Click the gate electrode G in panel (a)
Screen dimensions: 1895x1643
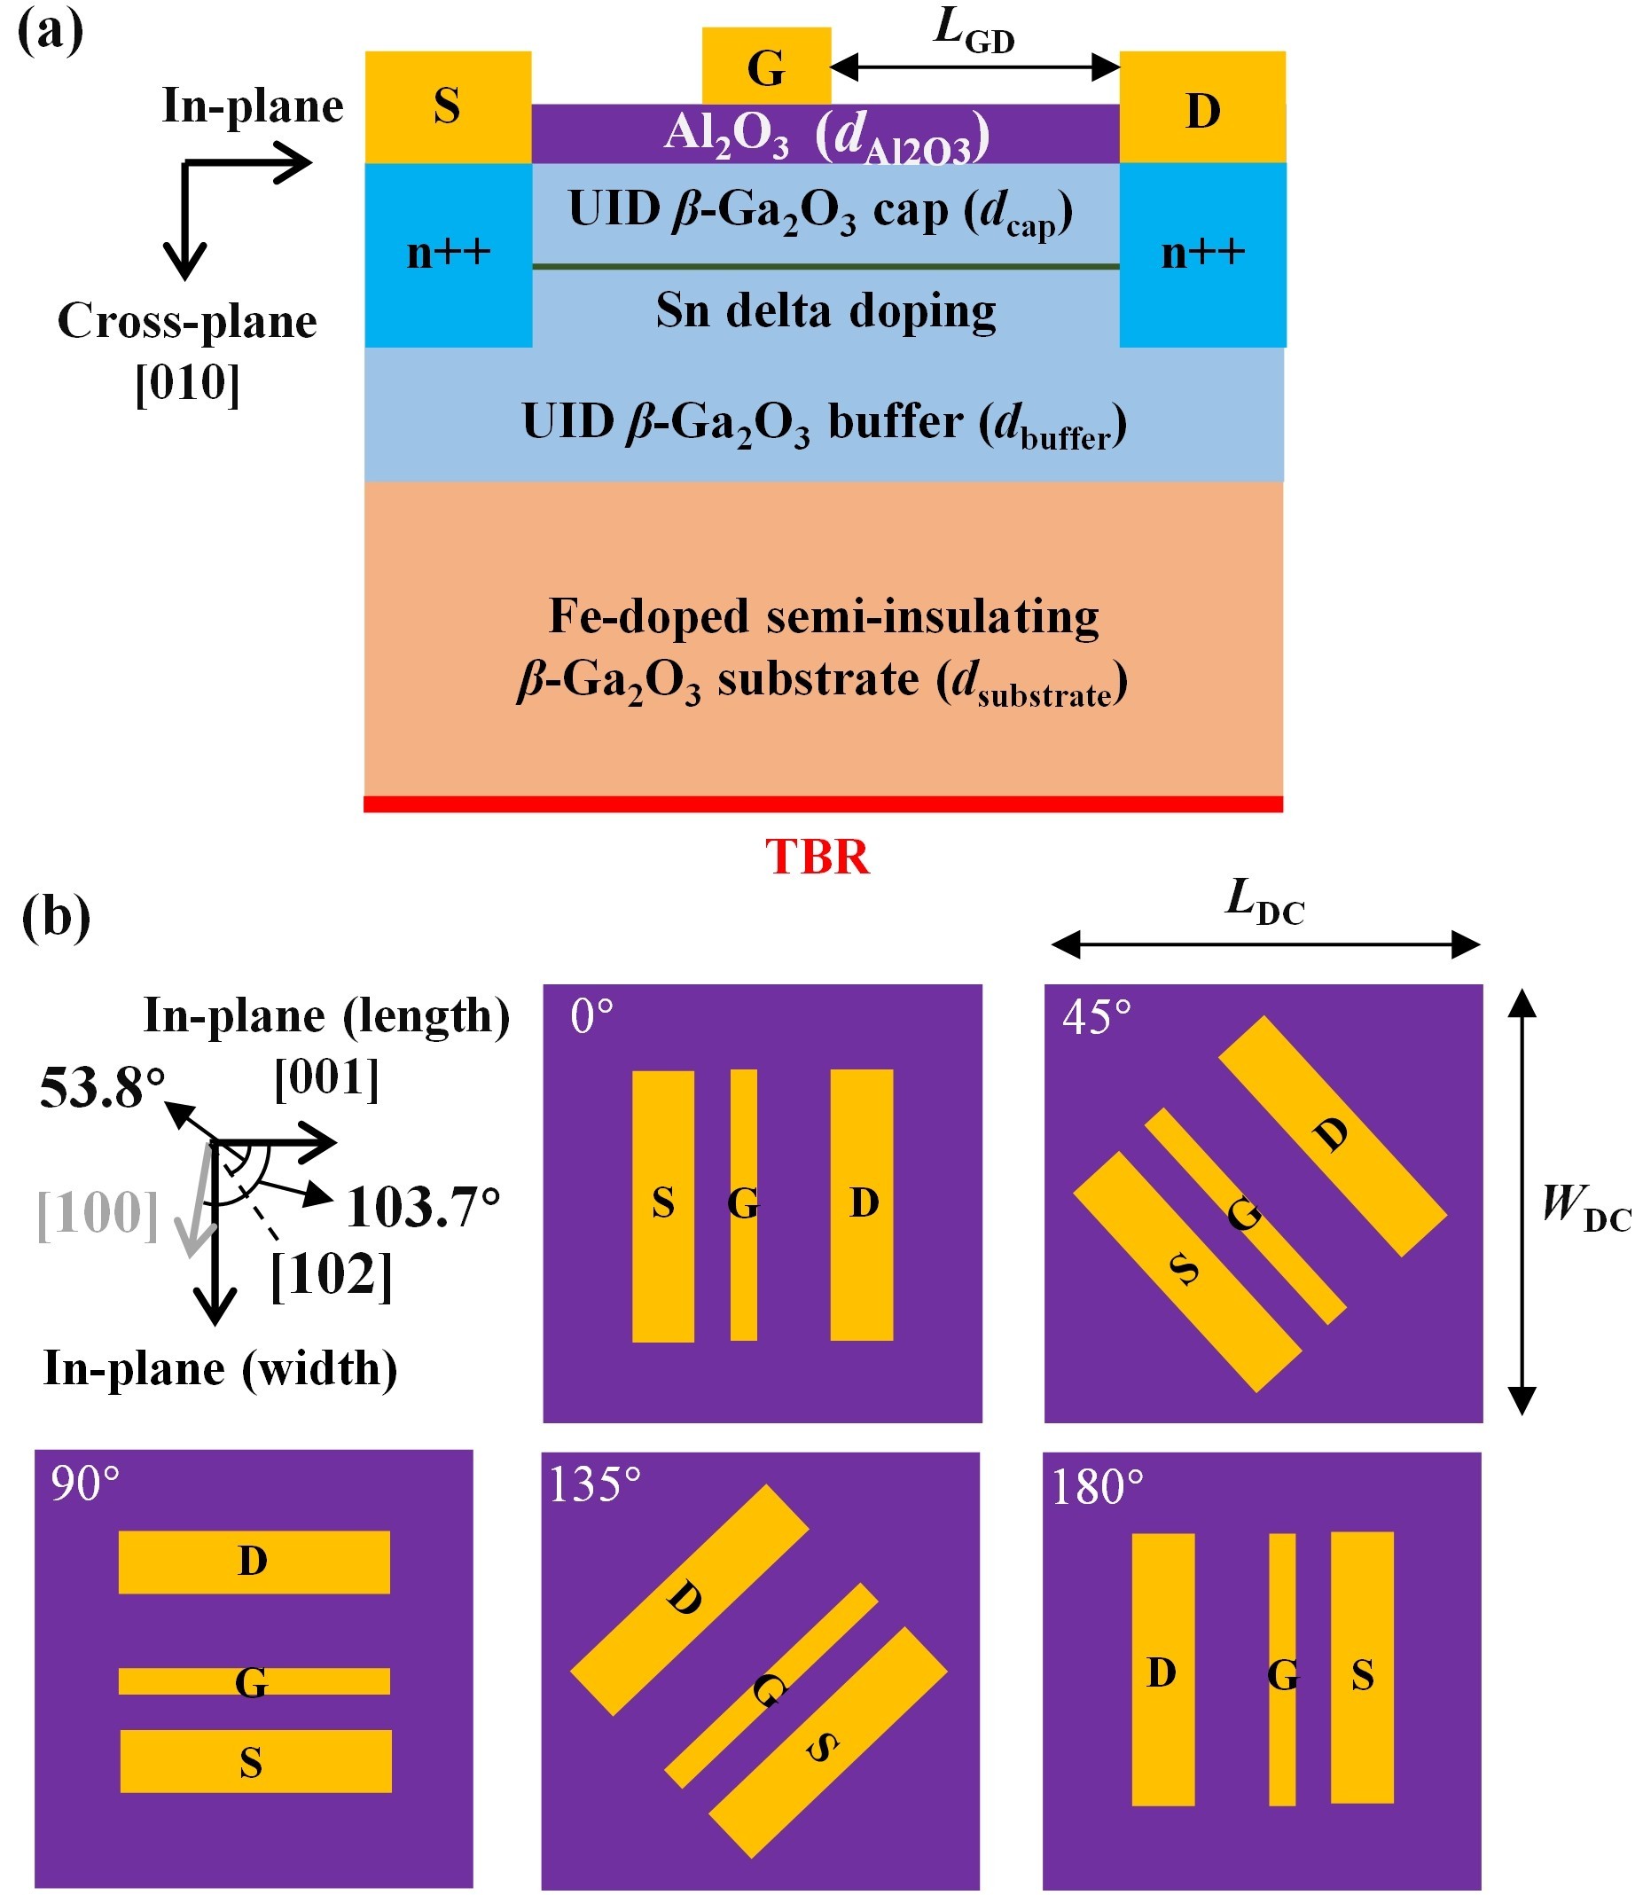click(x=765, y=66)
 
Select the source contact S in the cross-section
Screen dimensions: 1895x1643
click(x=448, y=106)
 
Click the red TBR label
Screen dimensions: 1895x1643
click(x=817, y=857)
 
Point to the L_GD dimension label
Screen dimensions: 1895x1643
click(x=974, y=31)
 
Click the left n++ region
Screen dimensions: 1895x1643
click(x=449, y=253)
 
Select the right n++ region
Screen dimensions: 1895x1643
click(x=1202, y=253)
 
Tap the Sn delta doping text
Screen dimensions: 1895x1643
click(x=825, y=309)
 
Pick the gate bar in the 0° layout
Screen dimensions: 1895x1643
click(x=744, y=1204)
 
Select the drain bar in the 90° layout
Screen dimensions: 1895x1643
click(x=254, y=1562)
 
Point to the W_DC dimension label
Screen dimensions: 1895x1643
click(x=1585, y=1209)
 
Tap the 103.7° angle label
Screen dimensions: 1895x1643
click(x=424, y=1208)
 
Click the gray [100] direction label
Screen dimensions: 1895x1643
click(x=98, y=1214)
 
